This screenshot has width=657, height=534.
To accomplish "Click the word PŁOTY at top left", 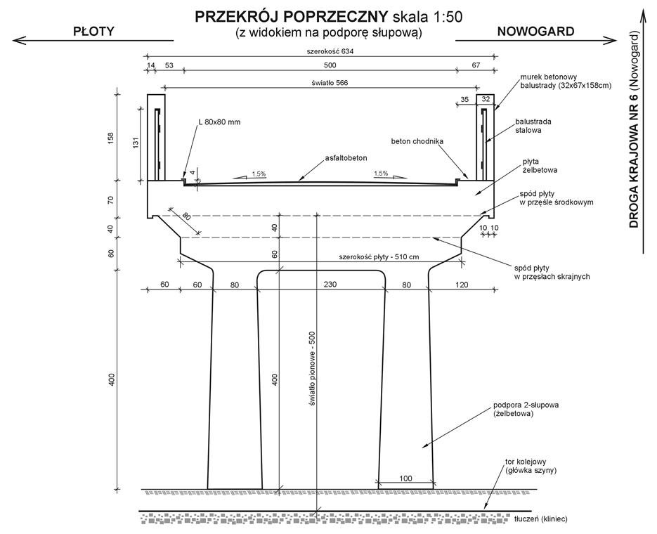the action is (x=94, y=32).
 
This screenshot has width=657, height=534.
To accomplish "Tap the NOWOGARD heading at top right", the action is (x=535, y=32).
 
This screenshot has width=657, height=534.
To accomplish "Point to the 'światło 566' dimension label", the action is (x=330, y=83).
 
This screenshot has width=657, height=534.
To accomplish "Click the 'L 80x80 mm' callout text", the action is (x=219, y=122).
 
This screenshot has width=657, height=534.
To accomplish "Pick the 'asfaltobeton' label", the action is (x=346, y=158).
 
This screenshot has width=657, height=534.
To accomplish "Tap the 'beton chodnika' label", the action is (x=417, y=141).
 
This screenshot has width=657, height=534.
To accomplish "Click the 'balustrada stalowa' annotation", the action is (x=533, y=126).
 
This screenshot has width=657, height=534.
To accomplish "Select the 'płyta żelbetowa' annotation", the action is (x=540, y=166).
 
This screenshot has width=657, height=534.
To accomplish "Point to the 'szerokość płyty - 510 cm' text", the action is (x=379, y=256).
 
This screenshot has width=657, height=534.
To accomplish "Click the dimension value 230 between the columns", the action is (x=330, y=285).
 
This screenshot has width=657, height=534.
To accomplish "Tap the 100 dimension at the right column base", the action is (x=405, y=478).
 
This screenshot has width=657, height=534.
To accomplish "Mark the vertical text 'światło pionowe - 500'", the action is (x=312, y=369).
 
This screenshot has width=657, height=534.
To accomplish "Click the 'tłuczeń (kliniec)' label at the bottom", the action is (x=541, y=519).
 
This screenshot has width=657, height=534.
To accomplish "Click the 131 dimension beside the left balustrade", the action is (x=136, y=143).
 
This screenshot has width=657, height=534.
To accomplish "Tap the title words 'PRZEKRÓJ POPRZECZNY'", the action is (x=292, y=17).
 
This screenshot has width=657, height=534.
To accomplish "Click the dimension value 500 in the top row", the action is (x=330, y=65).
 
